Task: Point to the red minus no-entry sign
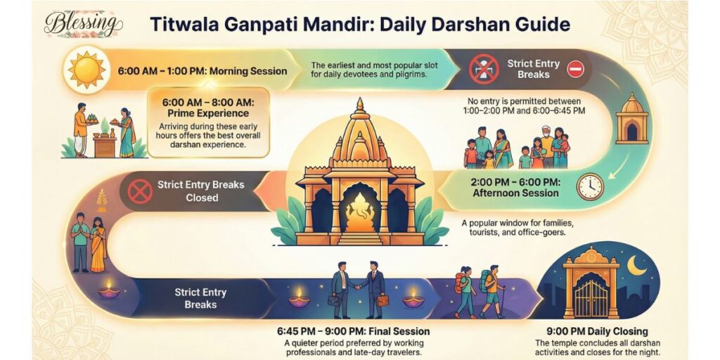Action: pos(575,69)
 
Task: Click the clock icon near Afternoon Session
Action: pos(589,186)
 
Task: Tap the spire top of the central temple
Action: pos(360,107)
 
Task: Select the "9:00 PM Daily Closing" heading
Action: pos(597,330)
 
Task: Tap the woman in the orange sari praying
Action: pos(98,244)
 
